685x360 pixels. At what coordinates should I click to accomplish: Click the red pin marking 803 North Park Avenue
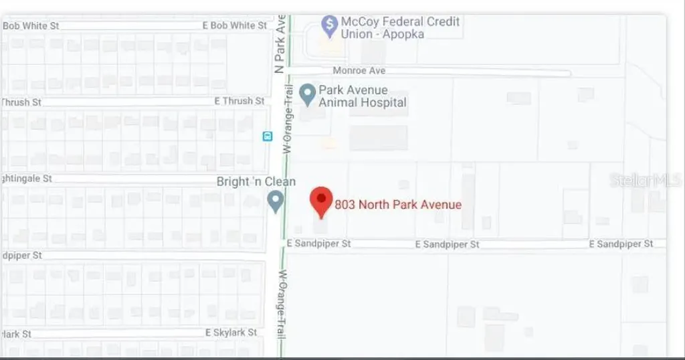[322, 200]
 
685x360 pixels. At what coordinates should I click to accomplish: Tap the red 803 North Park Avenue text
[398, 204]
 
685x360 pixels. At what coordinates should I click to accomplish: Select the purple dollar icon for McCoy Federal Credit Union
[329, 27]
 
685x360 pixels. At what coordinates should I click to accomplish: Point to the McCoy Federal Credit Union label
[400, 27]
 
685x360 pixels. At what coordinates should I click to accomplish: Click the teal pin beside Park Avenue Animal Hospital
[307, 94]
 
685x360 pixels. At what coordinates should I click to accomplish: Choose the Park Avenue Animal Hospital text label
[363, 96]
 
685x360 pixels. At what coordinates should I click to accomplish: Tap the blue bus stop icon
[268, 136]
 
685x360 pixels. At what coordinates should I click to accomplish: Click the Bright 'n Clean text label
[256, 181]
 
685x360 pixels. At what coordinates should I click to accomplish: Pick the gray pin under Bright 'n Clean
[275, 200]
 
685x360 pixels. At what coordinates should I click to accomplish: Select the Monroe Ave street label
[359, 70]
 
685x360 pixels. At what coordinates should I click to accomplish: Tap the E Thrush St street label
[239, 101]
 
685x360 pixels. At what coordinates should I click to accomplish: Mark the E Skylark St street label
[231, 333]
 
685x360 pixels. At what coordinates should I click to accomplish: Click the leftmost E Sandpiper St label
[318, 244]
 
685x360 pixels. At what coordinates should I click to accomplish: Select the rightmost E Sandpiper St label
[621, 244]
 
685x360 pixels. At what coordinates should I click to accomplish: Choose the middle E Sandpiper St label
[447, 245]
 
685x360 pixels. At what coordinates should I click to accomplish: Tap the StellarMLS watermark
[646, 180]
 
